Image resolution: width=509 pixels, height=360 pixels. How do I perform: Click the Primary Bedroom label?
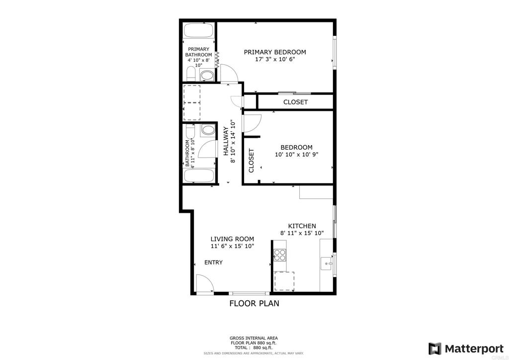click(274, 52)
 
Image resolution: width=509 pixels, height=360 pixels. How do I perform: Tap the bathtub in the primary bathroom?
click(199, 31)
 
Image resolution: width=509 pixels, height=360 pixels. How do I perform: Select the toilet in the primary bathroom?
click(190, 74)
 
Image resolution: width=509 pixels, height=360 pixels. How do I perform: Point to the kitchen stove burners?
click(280, 255)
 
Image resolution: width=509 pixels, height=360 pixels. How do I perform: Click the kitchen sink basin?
click(326, 263)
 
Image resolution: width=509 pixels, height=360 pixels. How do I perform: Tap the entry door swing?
click(204, 283)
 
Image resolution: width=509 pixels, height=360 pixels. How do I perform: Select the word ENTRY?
click(213, 262)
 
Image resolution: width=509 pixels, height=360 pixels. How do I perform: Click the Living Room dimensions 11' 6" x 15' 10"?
click(233, 246)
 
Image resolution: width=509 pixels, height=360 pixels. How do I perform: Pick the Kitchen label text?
click(302, 226)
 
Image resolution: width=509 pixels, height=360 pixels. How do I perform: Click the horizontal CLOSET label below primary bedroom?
click(295, 102)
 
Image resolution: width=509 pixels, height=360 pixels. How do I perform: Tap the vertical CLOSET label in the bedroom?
click(251, 161)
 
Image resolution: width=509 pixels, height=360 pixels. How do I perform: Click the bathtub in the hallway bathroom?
click(199, 176)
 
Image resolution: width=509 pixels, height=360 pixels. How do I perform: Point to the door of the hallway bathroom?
click(207, 150)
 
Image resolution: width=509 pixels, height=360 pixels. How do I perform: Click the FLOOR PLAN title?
click(254, 303)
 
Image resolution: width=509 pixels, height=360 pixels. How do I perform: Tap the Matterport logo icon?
click(434, 349)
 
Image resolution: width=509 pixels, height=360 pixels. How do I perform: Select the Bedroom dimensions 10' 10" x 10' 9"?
click(296, 155)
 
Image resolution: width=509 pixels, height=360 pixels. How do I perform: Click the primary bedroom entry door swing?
click(229, 73)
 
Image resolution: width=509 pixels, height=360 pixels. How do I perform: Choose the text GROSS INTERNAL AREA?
click(254, 338)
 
